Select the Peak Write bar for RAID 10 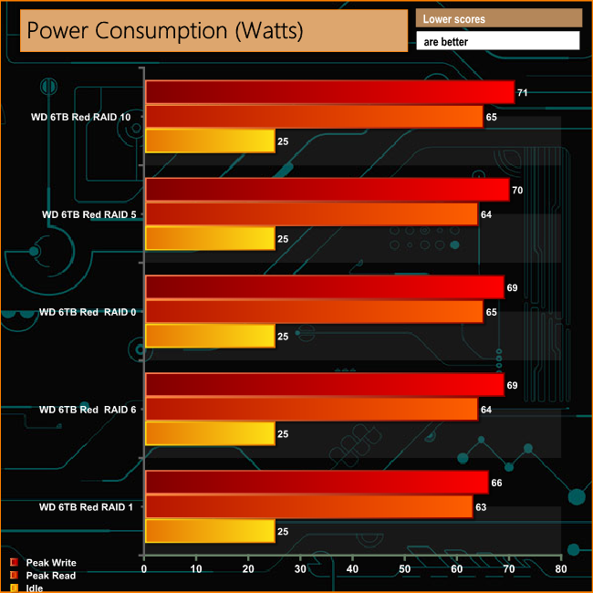coord(328,92)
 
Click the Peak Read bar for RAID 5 coord(311,214)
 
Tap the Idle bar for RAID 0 coord(210,337)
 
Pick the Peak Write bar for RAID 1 coord(316,483)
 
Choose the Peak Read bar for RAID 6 coord(311,410)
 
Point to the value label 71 coord(523,93)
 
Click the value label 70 coord(517,191)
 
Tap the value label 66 coord(496,483)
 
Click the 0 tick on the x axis coord(144,568)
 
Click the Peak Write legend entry coord(51,563)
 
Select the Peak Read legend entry coord(51,576)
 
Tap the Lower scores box coord(498,18)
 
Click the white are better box coord(498,41)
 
